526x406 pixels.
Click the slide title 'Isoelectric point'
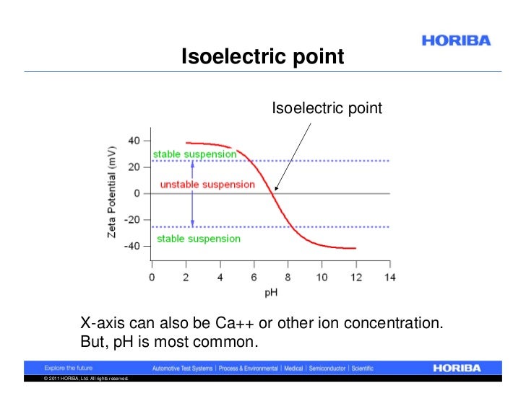[263, 56]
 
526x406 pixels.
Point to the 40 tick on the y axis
[134, 141]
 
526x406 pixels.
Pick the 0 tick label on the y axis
[137, 193]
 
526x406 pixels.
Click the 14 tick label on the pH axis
[390, 277]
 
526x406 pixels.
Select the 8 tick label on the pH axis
[288, 277]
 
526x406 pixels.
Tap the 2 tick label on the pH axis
[186, 277]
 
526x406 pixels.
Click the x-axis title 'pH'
[270, 293]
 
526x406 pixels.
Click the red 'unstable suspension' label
[207, 185]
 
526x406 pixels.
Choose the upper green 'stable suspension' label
[194, 154]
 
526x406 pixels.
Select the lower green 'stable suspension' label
[199, 239]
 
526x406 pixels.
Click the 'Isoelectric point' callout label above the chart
[326, 108]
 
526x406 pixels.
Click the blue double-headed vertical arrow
[192, 193]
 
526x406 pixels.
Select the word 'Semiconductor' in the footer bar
[328, 368]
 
